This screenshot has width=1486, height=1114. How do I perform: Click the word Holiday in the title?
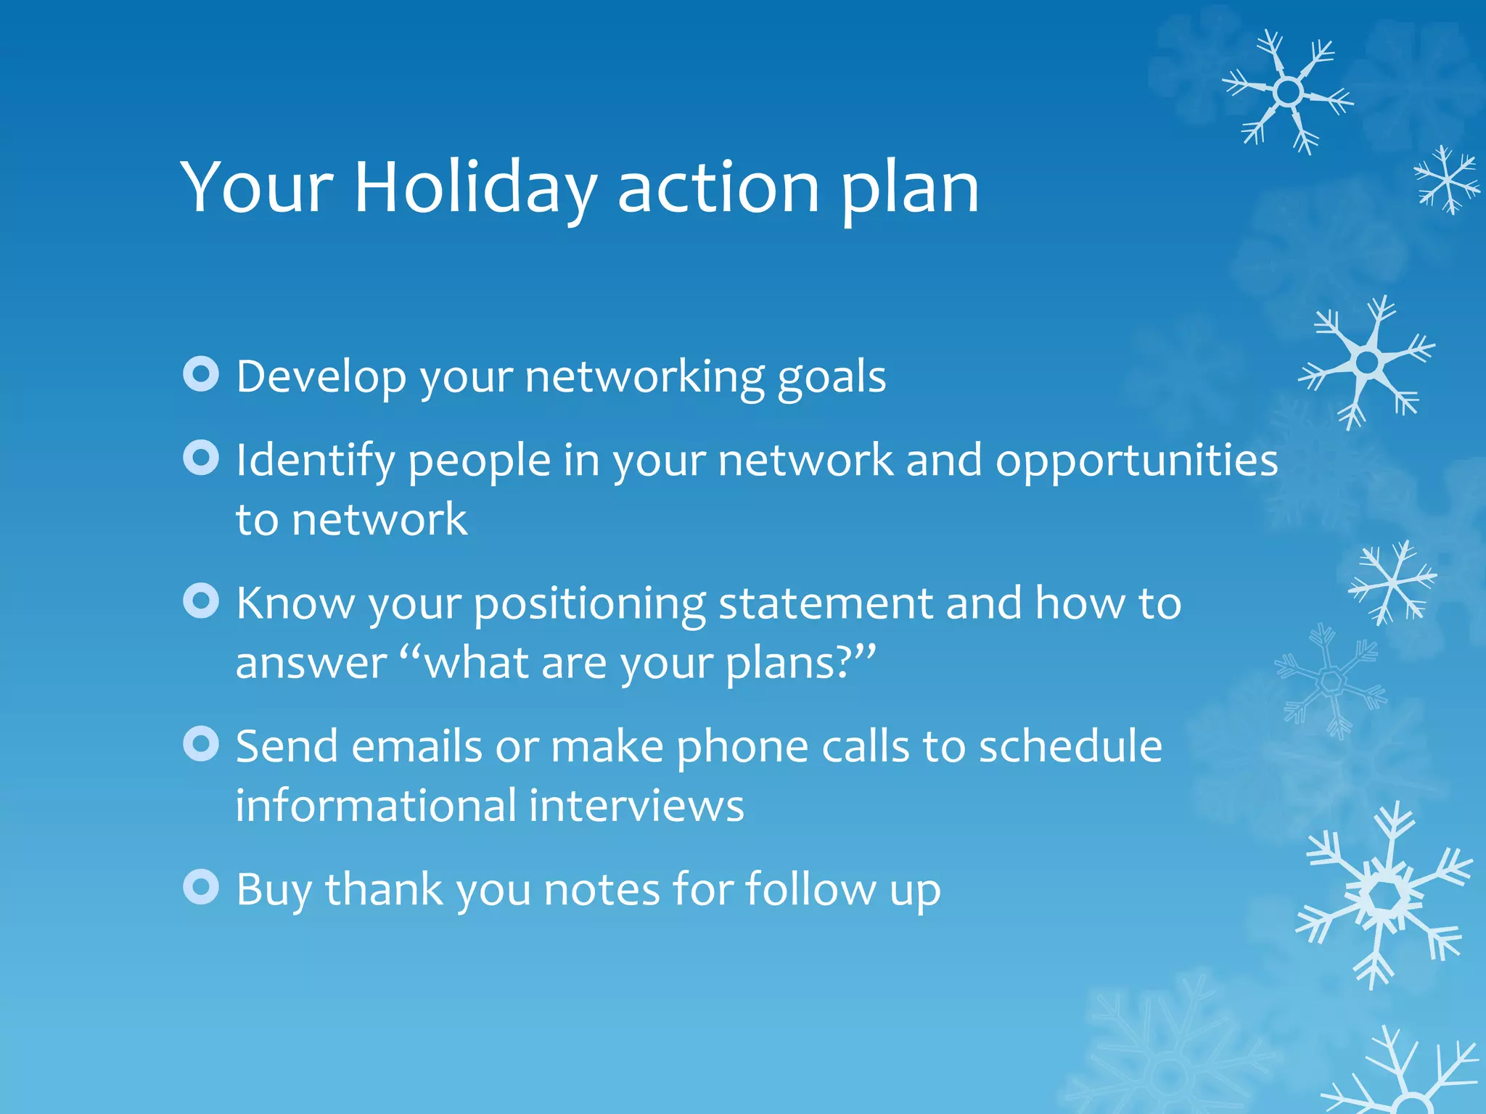(475, 188)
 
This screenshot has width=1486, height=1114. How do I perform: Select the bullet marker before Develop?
(201, 374)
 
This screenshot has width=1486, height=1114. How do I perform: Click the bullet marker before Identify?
(201, 458)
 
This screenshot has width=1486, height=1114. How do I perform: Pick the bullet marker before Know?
(201, 601)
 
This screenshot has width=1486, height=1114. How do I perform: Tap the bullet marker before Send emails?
(201, 744)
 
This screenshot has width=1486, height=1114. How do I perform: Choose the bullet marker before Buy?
(201, 887)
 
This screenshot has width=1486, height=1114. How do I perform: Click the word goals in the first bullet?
(832, 378)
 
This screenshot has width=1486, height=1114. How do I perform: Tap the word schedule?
(1070, 746)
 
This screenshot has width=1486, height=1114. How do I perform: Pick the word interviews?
(636, 806)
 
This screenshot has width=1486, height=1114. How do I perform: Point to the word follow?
(810, 889)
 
